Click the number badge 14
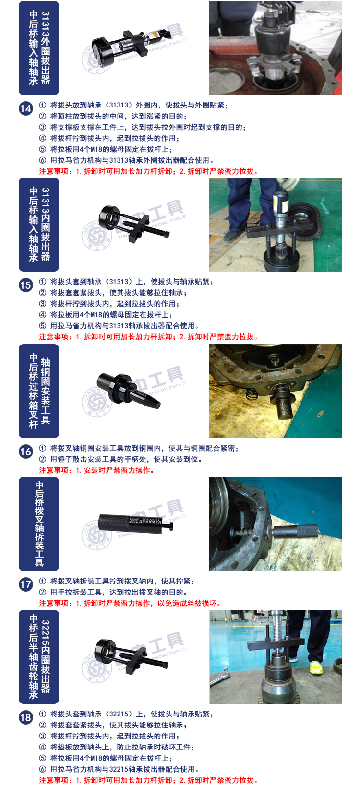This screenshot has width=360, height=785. tap(25, 108)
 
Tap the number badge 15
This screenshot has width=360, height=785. tap(25, 285)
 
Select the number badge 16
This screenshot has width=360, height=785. tap(25, 452)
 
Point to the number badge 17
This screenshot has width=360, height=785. tap(25, 584)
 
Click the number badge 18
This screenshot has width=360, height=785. tap(25, 718)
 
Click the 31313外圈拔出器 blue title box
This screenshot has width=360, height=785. tap(39, 48)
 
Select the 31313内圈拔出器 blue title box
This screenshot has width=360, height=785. tap(39, 225)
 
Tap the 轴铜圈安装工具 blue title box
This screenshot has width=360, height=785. tap(39, 391)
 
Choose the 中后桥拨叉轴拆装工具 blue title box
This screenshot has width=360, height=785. tap(39, 524)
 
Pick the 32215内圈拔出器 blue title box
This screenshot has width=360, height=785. tap(39, 657)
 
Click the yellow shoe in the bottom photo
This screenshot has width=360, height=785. tap(315, 667)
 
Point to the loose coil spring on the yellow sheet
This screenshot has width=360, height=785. tap(252, 394)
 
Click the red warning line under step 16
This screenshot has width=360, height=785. tap(96, 470)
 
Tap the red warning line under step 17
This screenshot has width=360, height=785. tap(130, 603)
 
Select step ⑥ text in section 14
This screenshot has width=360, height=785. tap(126, 160)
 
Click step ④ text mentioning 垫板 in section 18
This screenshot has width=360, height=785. tap(116, 747)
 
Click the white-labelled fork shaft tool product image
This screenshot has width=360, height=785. tap(136, 523)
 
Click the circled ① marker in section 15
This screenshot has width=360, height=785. tap(42, 282)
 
